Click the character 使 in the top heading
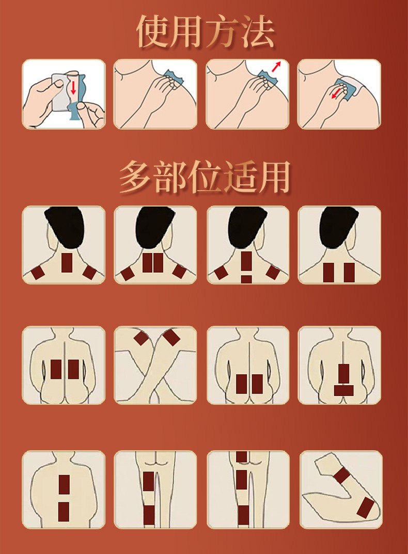coord(154,31)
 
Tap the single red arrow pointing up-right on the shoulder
coord(276,66)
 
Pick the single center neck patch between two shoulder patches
coord(66,263)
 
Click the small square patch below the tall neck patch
coord(246,279)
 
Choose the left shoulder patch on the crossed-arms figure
coord(140,338)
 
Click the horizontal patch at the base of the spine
coord(343,390)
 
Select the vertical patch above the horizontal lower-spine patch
coord(343,373)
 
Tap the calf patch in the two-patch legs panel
coord(148,514)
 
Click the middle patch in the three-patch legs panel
coord(241,480)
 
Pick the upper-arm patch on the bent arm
coord(341,474)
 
